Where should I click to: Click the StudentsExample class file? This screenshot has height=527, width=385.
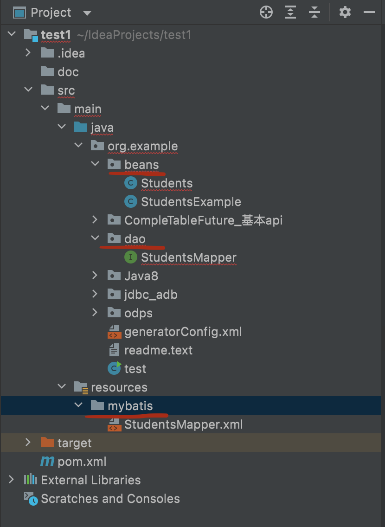click(191, 202)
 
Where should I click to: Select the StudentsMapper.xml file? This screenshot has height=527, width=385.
click(183, 424)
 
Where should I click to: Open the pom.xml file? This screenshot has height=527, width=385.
click(82, 462)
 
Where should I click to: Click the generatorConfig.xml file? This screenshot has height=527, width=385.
click(183, 332)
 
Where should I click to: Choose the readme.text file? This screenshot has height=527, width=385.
click(158, 350)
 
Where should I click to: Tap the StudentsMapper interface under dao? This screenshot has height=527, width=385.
click(188, 257)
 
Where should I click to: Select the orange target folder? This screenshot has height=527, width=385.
click(74, 443)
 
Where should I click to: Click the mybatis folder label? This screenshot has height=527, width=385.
click(130, 406)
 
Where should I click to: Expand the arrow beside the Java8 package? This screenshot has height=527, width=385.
click(95, 276)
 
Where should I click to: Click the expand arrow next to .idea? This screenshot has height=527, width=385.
click(28, 53)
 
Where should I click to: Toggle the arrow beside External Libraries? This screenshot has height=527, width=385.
click(12, 480)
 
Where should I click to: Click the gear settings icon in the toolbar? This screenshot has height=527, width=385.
click(345, 13)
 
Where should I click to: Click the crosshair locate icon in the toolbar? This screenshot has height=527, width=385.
click(266, 13)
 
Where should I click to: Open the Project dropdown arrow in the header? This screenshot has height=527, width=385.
click(87, 13)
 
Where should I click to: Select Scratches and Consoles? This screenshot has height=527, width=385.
click(110, 499)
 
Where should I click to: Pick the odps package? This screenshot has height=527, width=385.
click(138, 313)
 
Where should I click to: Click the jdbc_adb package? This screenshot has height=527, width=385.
click(151, 295)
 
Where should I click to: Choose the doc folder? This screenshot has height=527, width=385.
click(68, 72)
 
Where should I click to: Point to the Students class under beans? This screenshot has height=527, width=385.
click(167, 183)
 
